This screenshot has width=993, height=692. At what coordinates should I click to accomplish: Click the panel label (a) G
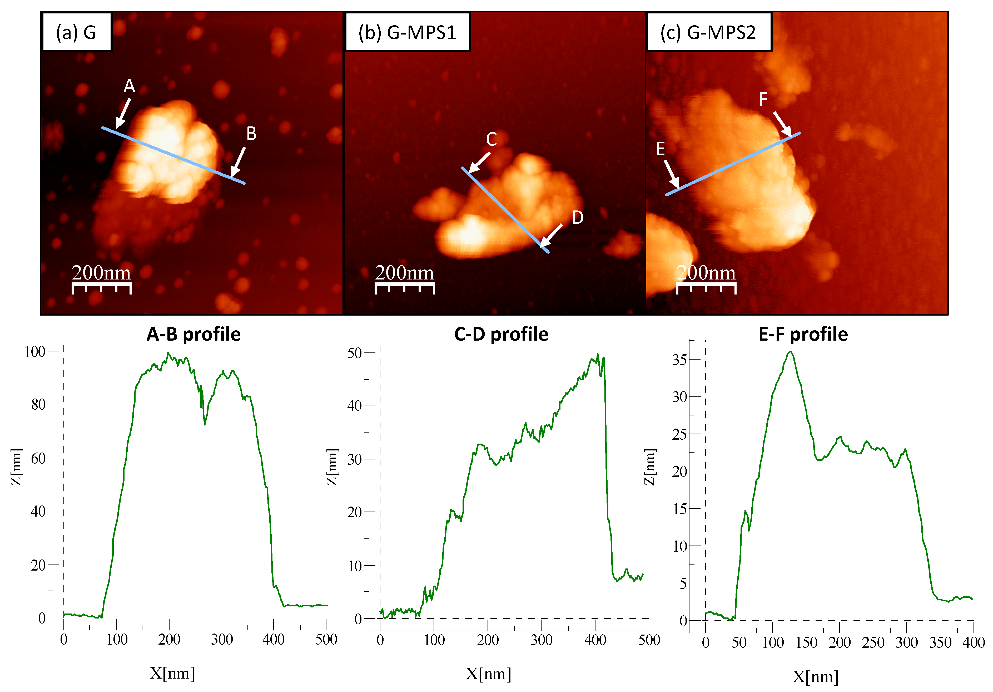[76, 32]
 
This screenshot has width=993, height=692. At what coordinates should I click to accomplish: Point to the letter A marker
[129, 86]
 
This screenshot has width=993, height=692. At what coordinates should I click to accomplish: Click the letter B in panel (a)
[251, 134]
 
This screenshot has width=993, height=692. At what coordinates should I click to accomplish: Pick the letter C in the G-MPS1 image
[491, 139]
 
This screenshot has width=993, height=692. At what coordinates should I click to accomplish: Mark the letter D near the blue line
[577, 218]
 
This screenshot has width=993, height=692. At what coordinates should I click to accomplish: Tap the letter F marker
[763, 100]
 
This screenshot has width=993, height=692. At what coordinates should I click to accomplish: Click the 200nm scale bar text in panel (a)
[101, 273]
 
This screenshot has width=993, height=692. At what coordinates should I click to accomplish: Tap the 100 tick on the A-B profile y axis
[34, 351]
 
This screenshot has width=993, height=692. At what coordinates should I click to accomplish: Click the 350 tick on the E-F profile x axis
[940, 642]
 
